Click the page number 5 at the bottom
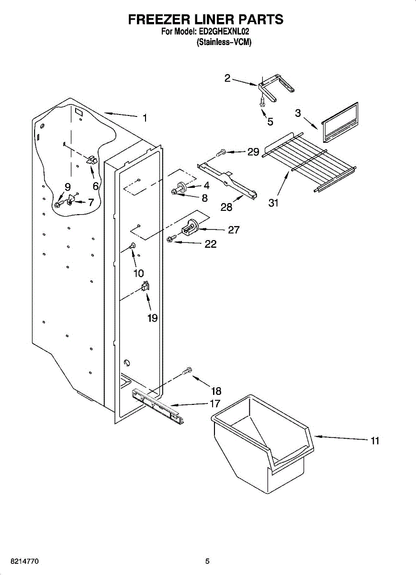[x=207, y=561]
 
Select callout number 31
[x=273, y=203]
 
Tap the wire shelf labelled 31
[x=311, y=163]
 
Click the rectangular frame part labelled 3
[x=340, y=123]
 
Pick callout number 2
[x=227, y=78]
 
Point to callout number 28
[x=226, y=207]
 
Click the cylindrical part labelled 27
[x=191, y=226]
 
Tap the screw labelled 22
[x=170, y=239]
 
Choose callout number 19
[x=152, y=318]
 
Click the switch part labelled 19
[x=145, y=287]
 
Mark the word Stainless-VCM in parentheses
[x=224, y=42]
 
